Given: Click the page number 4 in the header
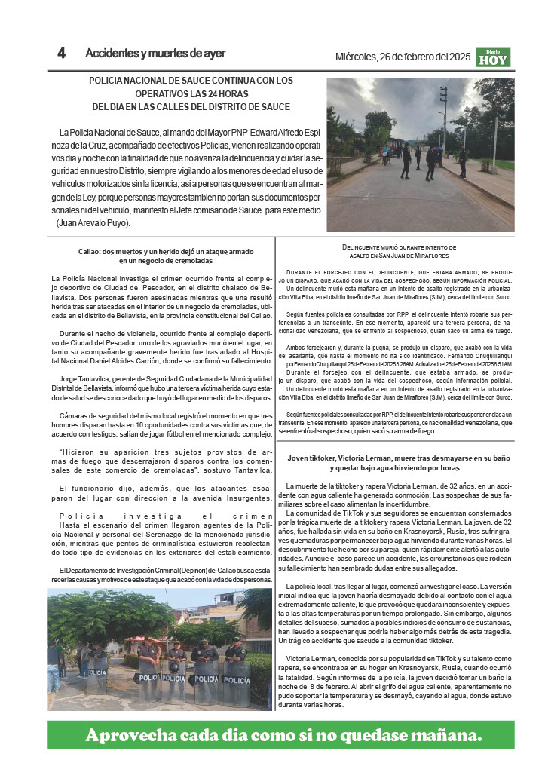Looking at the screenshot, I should click(62, 53).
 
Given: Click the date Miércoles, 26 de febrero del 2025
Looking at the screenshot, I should click(403, 57).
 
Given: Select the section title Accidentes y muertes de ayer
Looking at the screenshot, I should click(155, 54).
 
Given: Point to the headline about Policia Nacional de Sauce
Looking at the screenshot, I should click(191, 93).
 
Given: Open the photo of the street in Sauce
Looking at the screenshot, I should click(420, 155).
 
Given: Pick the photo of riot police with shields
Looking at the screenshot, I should click(160, 646).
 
